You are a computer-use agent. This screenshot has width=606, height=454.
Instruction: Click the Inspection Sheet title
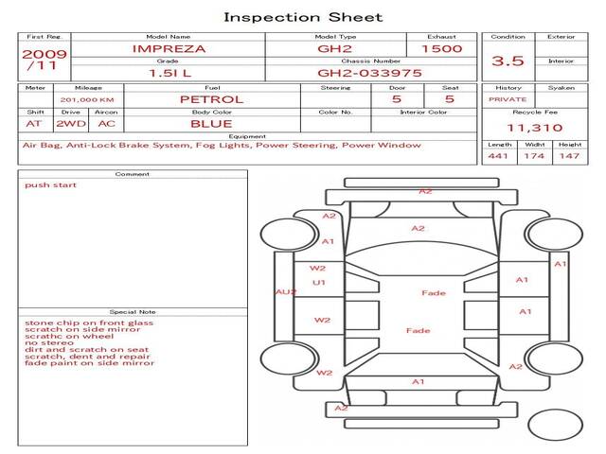point(303,17)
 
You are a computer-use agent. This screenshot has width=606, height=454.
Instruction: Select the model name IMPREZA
point(169,49)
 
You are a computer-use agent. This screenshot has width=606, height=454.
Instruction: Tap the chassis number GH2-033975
point(369,73)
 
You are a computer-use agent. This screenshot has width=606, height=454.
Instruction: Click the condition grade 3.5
point(508,61)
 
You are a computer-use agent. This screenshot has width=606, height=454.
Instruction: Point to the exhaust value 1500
point(442,48)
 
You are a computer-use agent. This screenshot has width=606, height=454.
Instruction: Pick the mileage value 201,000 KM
point(87,100)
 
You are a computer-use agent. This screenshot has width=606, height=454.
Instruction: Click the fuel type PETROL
point(212,99)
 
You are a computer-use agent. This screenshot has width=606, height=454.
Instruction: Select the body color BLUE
point(211,124)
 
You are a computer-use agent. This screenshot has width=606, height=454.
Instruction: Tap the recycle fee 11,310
point(534,128)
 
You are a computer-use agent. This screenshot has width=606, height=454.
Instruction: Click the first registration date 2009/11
point(45,60)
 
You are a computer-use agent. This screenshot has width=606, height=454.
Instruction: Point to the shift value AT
point(33,124)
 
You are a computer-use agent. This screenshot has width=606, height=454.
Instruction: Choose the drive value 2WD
point(71,124)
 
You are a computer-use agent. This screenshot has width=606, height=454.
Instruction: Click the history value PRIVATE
point(508,99)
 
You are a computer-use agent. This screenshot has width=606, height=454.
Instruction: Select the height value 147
point(569,156)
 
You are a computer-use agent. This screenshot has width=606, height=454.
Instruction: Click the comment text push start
point(50,185)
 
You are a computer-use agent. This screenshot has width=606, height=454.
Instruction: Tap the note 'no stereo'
point(49,342)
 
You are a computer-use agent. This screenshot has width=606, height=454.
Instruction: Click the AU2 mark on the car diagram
point(286,292)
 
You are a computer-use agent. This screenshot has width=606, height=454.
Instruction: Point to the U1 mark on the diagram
point(319,283)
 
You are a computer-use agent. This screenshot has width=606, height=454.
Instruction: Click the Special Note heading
point(133,312)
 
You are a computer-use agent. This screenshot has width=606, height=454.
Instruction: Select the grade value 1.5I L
point(170,73)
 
